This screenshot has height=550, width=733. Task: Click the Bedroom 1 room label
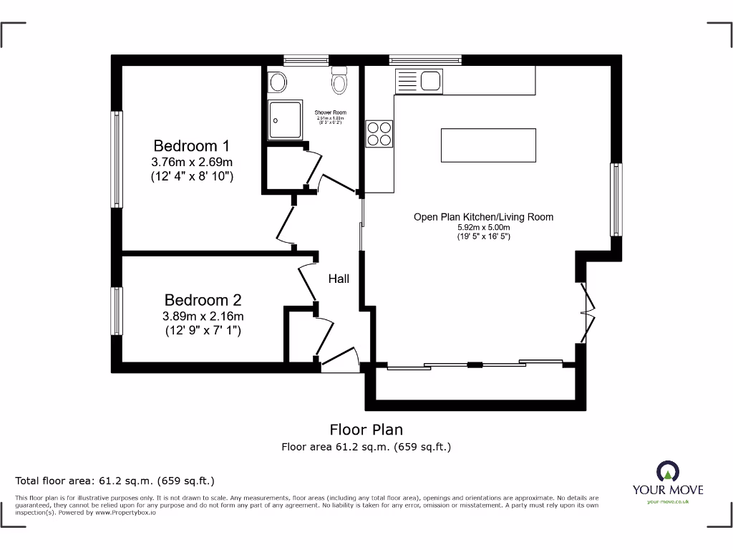point(191,146)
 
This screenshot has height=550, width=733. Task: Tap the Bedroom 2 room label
point(203,300)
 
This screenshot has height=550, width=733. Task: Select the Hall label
point(339,279)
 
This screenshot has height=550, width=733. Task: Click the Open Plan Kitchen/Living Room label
point(483,217)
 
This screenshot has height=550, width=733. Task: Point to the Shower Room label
point(330,113)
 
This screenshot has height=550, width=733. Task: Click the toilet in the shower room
point(339,81)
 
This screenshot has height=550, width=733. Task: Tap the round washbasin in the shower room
point(278,82)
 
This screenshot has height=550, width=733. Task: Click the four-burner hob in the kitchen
point(379,132)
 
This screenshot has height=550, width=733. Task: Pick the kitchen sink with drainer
point(419,80)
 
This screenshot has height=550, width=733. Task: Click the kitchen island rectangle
point(488,145)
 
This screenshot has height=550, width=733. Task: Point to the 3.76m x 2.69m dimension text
point(192,162)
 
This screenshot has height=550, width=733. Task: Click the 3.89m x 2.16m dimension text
point(203,316)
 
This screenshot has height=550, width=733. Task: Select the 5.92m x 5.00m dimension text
point(483,228)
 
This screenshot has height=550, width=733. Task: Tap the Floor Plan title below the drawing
point(366,430)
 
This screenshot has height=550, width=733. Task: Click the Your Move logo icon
point(667,471)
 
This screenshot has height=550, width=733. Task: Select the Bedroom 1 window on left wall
point(116,159)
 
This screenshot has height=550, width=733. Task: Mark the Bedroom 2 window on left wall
point(116,310)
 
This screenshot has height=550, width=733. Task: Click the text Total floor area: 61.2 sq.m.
point(115,481)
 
